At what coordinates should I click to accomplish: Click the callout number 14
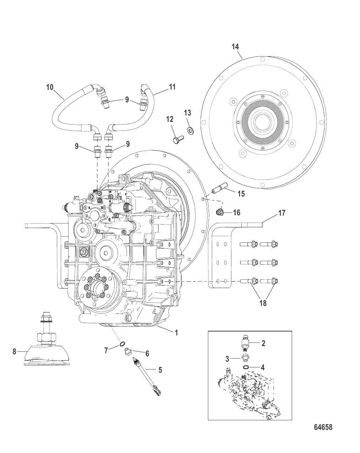click(235, 47)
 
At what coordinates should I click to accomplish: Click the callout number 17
click(281, 213)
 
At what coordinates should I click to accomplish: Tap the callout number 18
click(263, 303)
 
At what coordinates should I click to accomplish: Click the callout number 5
click(160, 370)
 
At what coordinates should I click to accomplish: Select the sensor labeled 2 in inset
click(246, 343)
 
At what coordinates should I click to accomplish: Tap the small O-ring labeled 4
click(246, 367)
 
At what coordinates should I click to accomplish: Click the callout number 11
click(172, 87)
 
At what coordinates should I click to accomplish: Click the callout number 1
click(175, 333)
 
